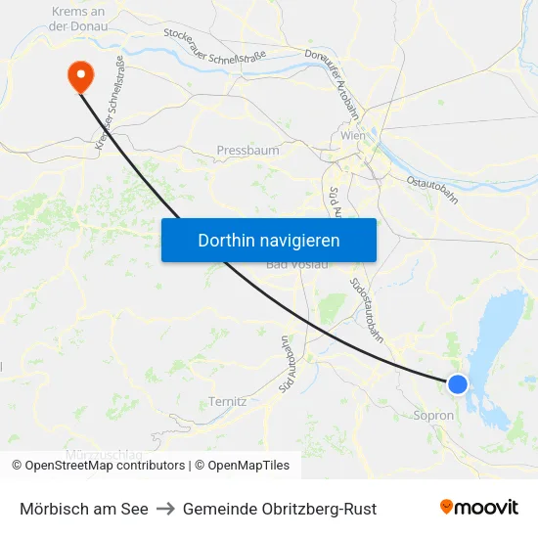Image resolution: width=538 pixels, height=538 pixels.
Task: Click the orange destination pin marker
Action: (x=78, y=73)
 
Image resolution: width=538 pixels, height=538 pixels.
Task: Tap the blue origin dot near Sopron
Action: (x=458, y=384)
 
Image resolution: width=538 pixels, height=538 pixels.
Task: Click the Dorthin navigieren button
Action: (x=269, y=240)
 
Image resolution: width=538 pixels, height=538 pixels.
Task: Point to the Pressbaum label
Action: (x=247, y=151)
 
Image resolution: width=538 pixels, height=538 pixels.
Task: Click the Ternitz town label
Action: (x=227, y=401)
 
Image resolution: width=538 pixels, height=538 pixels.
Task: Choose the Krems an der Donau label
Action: (x=78, y=19)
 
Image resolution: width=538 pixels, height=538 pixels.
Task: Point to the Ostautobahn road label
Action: (x=432, y=191)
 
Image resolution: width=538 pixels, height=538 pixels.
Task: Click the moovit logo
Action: (x=479, y=507)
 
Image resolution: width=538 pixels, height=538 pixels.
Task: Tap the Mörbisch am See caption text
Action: (x=84, y=509)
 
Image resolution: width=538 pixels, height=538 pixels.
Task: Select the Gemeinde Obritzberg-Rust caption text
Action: (x=280, y=509)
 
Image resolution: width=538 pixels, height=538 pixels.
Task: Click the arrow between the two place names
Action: (x=165, y=509)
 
